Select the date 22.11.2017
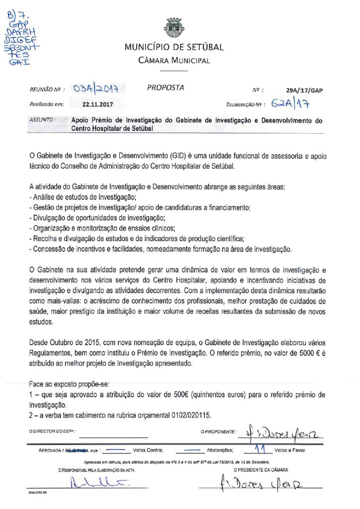[98, 105]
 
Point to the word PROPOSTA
[166, 88]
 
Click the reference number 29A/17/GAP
[305, 91]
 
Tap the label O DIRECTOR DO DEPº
[55, 432]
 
